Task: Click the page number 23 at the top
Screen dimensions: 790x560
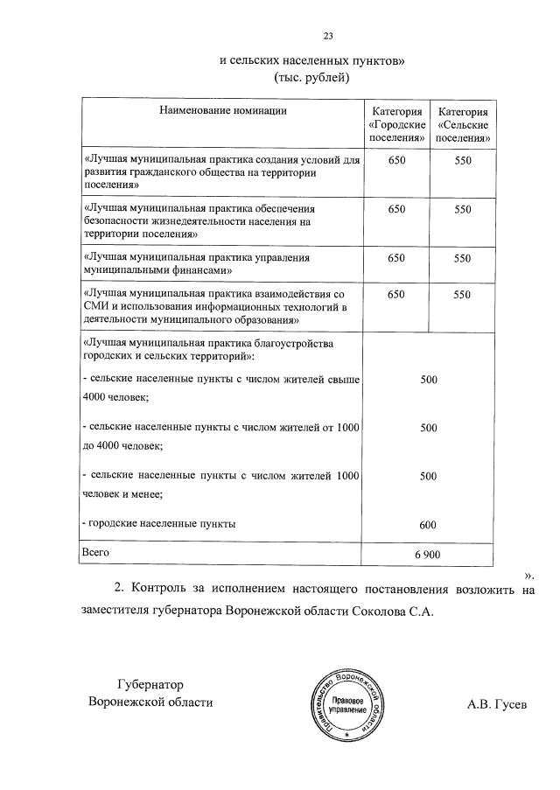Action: tap(328, 36)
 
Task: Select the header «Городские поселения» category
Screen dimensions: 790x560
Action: tap(397, 125)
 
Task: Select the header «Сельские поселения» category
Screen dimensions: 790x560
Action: tap(463, 125)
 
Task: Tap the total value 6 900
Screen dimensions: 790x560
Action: tap(427, 555)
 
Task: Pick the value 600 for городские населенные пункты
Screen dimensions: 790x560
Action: tap(428, 525)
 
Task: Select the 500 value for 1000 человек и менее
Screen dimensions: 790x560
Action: tap(428, 476)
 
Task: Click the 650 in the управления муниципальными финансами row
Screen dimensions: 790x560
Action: tap(396, 258)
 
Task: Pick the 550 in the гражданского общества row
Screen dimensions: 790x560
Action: tap(463, 162)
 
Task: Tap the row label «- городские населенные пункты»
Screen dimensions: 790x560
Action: tap(158, 523)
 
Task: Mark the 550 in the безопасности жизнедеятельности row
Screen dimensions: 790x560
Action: tap(463, 210)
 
